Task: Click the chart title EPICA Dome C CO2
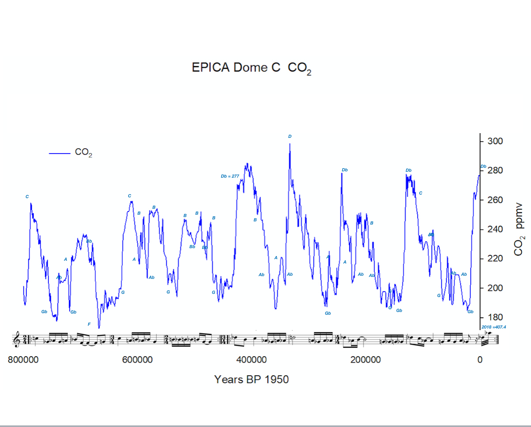[251, 68]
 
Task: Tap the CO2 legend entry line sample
[59, 153]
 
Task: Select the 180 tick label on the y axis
[495, 317]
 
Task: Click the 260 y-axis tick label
[495, 200]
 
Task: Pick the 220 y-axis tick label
[495, 258]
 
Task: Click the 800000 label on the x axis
[23, 360]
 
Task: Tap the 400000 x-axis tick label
[251, 360]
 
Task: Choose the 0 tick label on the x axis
[480, 360]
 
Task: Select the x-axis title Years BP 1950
[251, 379]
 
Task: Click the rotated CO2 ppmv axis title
[519, 229]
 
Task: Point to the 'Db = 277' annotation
[230, 176]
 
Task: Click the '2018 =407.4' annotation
[494, 327]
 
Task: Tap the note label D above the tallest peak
[290, 136]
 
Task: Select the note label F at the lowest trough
[89, 324]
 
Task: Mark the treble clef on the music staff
[17, 339]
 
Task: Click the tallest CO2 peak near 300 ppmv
[290, 144]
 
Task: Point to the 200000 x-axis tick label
[366, 360]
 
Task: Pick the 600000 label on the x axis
[137, 360]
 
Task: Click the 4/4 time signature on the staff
[338, 339]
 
